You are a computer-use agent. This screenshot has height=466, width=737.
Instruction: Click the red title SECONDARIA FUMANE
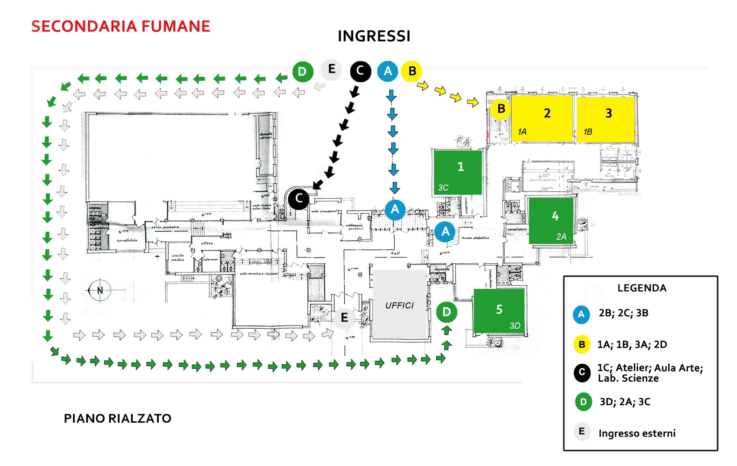coord(121,26)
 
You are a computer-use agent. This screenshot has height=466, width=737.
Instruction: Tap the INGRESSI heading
coord(374,36)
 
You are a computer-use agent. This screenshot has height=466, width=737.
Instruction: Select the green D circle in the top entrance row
coord(302,72)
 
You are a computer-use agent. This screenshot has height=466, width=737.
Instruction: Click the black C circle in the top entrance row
coord(360,71)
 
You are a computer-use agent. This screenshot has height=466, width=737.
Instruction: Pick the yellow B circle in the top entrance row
coord(412,71)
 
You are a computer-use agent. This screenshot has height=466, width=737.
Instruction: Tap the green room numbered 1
coord(458,172)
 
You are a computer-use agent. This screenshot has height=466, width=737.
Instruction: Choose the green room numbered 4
coord(551,220)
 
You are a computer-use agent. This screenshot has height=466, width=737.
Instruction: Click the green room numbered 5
coord(499,310)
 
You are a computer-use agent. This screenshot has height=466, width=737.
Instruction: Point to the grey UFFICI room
coord(399,305)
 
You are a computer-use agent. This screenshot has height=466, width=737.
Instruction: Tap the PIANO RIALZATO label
coord(117,418)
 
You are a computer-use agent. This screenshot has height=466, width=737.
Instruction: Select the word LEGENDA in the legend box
coord(641,288)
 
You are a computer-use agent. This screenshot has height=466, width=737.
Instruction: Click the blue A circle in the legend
coord(581,314)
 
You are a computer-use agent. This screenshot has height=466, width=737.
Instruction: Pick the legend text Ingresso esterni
coord(637,433)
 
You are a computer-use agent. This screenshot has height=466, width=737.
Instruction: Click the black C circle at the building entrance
coord(299,199)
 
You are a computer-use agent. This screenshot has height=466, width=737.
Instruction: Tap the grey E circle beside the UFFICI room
coord(344,318)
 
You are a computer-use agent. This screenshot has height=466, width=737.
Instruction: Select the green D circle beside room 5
coord(446,312)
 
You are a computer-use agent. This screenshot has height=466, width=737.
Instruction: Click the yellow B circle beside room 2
coord(501,109)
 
